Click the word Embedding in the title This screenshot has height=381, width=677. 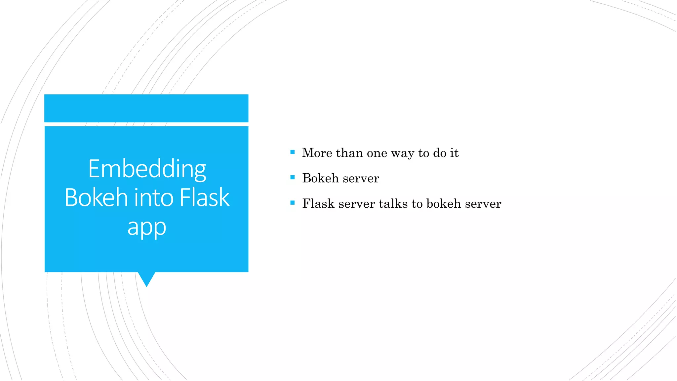147,169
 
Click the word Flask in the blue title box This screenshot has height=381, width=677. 204,197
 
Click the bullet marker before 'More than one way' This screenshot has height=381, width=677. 292,152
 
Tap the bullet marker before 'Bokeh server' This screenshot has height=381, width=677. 292,178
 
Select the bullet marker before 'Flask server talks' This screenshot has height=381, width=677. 292,203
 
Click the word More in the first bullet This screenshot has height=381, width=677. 317,153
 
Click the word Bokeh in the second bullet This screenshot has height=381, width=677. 320,178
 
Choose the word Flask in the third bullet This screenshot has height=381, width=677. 318,204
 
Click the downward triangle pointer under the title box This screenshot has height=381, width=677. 146,278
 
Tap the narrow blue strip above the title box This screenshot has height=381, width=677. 146,108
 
